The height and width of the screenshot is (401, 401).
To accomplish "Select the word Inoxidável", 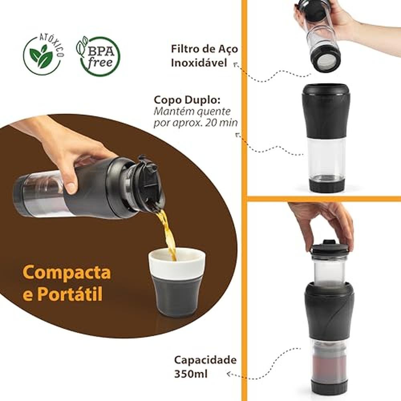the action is click(x=199, y=63).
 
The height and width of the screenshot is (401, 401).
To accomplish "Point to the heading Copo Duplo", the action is click(x=187, y=100).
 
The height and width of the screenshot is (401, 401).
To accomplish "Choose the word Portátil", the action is click(x=70, y=294).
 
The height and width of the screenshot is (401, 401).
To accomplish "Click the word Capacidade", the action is click(x=205, y=360).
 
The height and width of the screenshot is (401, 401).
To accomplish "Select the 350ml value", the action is click(x=191, y=374).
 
